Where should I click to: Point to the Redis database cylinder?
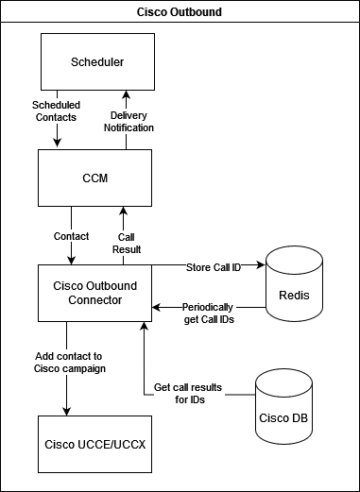(295, 288)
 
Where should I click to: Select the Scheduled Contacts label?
(56, 110)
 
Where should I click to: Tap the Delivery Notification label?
(128, 122)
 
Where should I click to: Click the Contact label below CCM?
(72, 236)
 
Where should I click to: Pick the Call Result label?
(127, 243)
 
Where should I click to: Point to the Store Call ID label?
(213, 267)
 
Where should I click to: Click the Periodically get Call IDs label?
(208, 314)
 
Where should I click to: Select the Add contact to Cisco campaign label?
(69, 363)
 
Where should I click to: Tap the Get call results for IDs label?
(188, 394)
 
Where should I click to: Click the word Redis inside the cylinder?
(295, 296)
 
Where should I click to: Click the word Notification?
(128, 127)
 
